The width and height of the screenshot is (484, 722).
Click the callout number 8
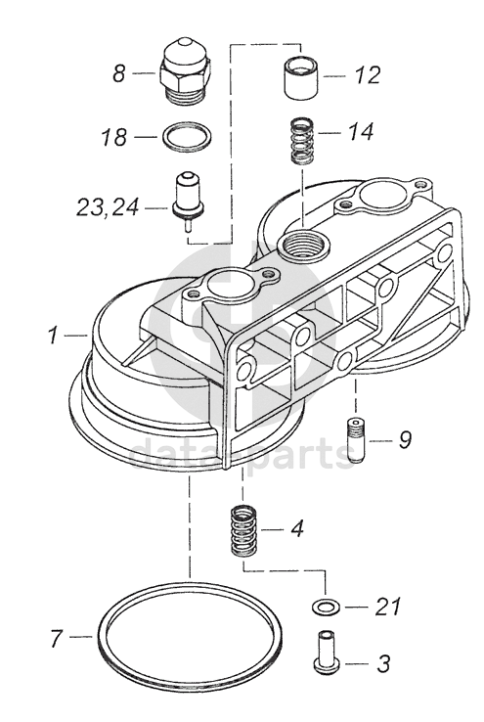pos(119,73)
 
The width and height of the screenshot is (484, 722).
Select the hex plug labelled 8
pos(184,71)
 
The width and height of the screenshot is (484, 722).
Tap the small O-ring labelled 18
pos(188,136)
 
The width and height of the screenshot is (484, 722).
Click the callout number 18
pos(113,137)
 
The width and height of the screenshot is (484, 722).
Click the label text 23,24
pos(108,207)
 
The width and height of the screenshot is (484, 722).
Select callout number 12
pos(368,75)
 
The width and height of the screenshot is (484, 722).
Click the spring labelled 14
pos(303,141)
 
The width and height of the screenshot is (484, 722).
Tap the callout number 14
pos(360,132)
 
